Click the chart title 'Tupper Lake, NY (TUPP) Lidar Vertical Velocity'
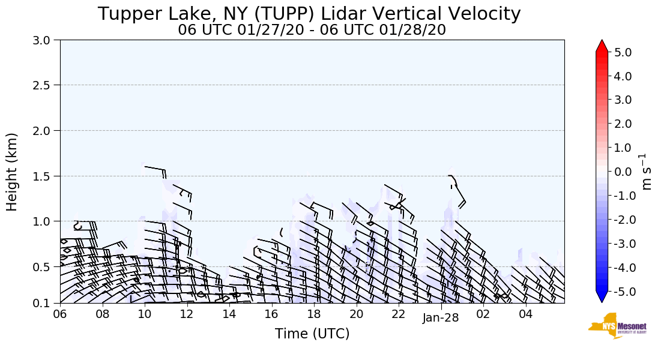pos(309,14)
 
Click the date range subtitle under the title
pos(312,30)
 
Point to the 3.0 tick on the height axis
pos(45,40)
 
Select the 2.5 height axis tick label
pos(45,85)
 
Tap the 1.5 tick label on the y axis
pos(45,176)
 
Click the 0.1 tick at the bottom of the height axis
pos(45,303)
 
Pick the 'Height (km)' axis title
pos(13,172)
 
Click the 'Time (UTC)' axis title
pos(312,334)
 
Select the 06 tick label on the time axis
pos(60,314)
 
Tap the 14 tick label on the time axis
pos(229,314)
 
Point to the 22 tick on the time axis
pos(399,314)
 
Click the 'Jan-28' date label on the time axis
pos(441,318)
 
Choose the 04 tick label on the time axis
pos(526,314)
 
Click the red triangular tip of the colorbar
pos(602,46)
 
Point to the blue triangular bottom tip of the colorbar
pos(602,297)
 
